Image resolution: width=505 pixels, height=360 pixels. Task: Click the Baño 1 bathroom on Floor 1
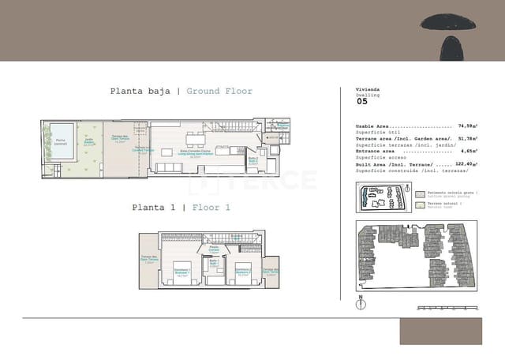213,264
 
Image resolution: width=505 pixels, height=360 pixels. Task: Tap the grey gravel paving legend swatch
420,193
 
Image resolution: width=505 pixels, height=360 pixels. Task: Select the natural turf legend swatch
420,205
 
